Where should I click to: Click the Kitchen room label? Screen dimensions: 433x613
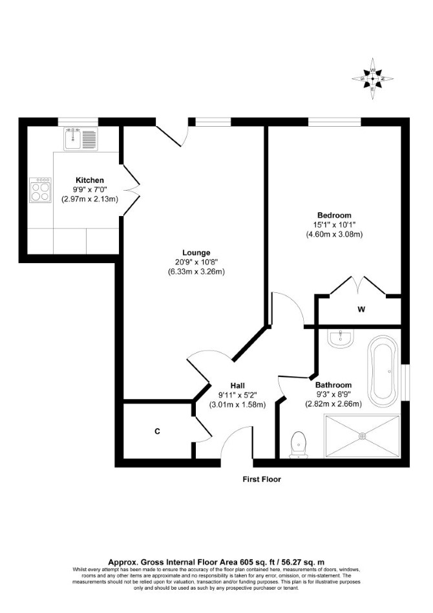click(x=89, y=180)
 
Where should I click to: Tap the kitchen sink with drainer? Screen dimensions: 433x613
click(x=80, y=139)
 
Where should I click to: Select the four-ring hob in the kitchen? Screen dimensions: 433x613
click(x=40, y=190)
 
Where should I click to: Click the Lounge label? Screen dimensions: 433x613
click(x=196, y=253)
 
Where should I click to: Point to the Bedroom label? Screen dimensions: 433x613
click(x=334, y=215)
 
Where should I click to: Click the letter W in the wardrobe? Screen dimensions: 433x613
click(x=361, y=310)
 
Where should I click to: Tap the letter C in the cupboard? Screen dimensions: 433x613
click(x=157, y=431)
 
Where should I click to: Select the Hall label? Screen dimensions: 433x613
click(x=238, y=386)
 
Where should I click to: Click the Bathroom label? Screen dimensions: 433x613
click(x=333, y=385)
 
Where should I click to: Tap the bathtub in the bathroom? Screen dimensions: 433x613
click(x=383, y=371)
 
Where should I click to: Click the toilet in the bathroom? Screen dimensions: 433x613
click(x=299, y=445)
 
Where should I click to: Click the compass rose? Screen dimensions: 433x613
click(x=372, y=79)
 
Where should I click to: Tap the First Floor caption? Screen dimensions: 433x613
click(x=262, y=479)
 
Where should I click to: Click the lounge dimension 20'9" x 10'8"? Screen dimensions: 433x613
click(x=196, y=263)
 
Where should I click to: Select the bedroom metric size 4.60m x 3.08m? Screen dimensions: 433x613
click(x=334, y=235)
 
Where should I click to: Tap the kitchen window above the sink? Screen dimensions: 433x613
click(x=78, y=122)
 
